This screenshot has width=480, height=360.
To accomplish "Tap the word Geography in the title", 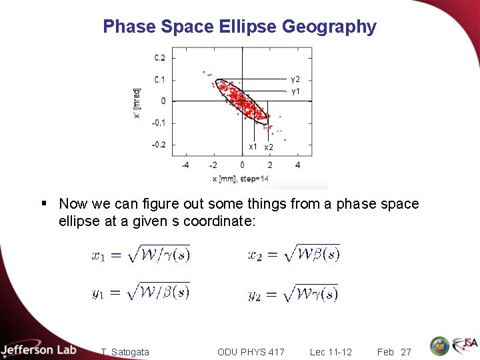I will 330,27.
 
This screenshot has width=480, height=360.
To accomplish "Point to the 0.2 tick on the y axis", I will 160,58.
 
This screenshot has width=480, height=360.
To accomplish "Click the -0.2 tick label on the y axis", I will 159,145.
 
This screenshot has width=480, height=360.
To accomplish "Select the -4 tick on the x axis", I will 185,165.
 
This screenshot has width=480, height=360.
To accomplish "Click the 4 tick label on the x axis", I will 297,165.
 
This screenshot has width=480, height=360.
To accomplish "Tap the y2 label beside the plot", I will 295,79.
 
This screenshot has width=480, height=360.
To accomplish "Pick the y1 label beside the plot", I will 295,90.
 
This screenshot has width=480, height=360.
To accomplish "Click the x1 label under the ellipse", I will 253,146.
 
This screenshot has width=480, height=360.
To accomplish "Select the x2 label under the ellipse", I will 269,147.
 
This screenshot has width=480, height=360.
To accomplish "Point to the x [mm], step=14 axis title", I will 241,179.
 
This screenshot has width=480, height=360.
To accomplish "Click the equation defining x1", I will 141,254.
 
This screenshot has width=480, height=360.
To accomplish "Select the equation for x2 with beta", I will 294,254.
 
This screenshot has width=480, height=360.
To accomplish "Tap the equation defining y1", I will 141,292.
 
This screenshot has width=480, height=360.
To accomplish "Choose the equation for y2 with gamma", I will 293,293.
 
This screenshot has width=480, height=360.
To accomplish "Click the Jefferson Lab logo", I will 39,349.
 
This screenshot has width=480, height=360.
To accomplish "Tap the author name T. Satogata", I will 125,351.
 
